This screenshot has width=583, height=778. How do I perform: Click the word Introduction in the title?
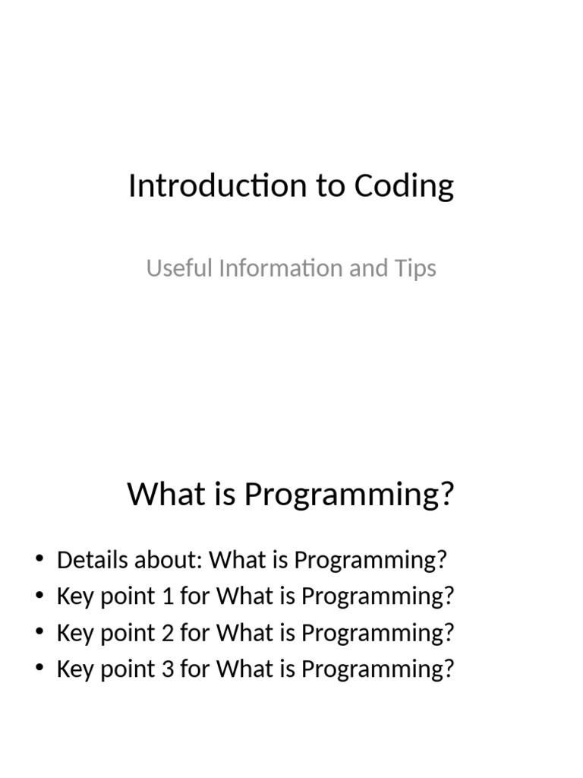218,186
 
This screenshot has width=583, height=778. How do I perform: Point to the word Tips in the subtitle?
415,268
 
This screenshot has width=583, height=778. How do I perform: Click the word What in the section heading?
156,494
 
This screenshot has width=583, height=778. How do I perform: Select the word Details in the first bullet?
92,561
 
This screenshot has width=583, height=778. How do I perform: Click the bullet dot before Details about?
39,561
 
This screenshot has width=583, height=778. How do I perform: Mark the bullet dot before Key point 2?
39,634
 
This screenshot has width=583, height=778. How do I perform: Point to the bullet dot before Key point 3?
39,670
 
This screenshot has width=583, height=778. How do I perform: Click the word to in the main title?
330,186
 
